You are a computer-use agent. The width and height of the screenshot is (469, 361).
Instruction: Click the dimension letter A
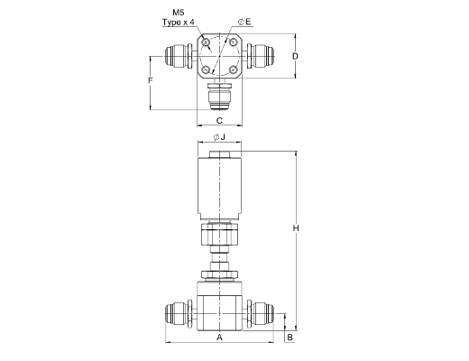click(x=219, y=338)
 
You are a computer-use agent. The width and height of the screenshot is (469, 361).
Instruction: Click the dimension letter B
click(x=290, y=338)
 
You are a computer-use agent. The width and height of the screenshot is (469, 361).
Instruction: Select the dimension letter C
click(x=219, y=121)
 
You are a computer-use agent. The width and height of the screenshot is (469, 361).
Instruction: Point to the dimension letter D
click(x=296, y=56)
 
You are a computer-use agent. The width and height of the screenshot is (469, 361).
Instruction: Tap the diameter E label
click(x=244, y=22)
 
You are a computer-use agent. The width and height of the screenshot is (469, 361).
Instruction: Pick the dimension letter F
click(x=151, y=80)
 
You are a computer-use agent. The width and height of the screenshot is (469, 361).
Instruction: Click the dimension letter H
click(x=296, y=228)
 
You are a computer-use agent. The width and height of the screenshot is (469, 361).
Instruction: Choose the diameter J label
click(x=219, y=137)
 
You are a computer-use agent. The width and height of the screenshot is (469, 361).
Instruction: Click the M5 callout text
click(x=179, y=13)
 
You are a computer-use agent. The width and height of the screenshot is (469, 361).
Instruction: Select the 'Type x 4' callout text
click(x=179, y=23)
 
